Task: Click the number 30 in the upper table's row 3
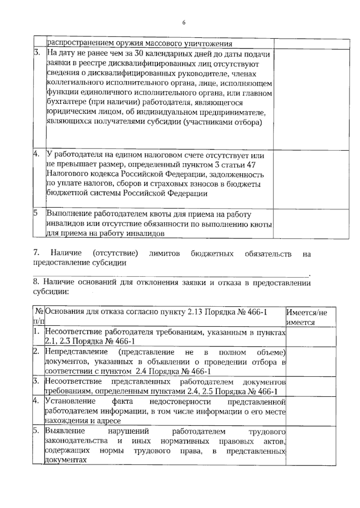click(x=137, y=54)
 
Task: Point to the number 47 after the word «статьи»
click(x=250, y=165)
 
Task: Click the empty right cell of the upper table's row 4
click(x=311, y=179)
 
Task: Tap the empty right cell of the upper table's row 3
click(x=311, y=99)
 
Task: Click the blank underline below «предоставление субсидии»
click(x=171, y=274)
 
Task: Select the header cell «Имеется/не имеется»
click(x=310, y=317)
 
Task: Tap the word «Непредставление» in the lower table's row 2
click(x=76, y=352)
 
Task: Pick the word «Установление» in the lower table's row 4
click(x=70, y=401)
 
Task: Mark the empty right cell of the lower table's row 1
click(x=310, y=337)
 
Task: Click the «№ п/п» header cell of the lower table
click(x=39, y=317)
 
